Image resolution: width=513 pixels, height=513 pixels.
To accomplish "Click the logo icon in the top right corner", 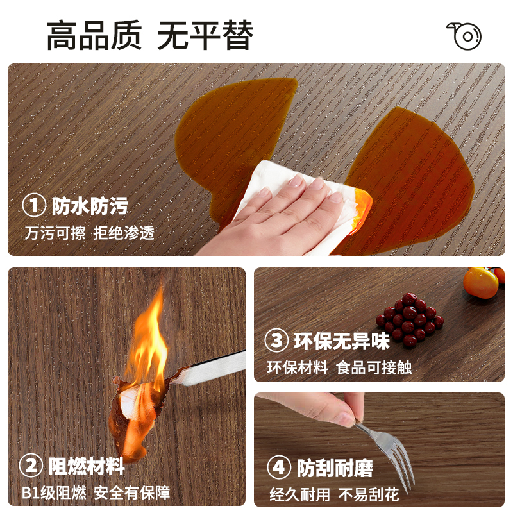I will tap(464, 36).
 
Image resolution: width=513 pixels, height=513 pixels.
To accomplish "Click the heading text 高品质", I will tap(94, 36).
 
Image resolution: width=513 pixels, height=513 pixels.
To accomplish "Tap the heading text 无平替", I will tap(205, 36).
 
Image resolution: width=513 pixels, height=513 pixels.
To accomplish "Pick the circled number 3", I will tap(277, 341).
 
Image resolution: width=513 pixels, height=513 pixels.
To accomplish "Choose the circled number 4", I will tap(278, 467).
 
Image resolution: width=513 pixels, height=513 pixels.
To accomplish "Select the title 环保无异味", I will tap(342, 341).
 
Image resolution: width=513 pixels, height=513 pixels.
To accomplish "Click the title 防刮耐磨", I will tap(335, 467).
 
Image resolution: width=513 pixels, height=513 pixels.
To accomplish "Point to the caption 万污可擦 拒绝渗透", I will tap(89, 233).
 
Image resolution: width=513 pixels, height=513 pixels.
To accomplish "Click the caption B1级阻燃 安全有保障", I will tap(96, 492).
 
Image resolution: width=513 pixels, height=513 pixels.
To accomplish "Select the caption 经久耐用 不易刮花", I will tap(334, 494).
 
